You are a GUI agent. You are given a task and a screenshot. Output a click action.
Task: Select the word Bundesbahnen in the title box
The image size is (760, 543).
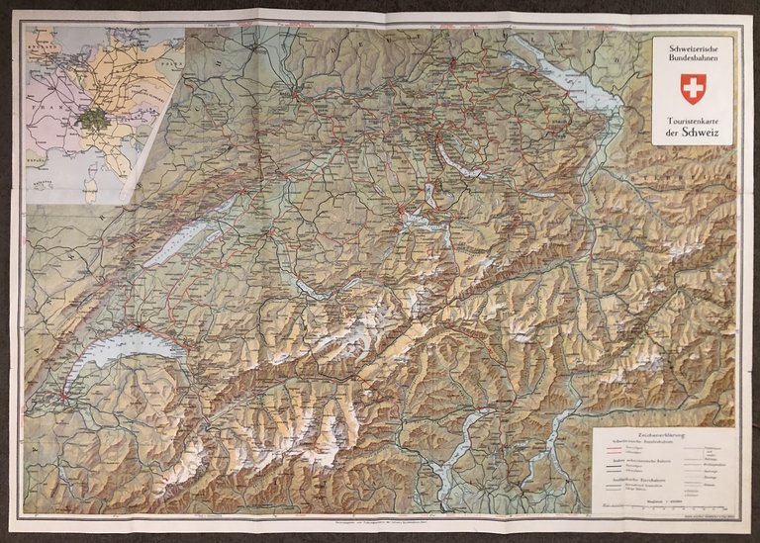tap(692, 61)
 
